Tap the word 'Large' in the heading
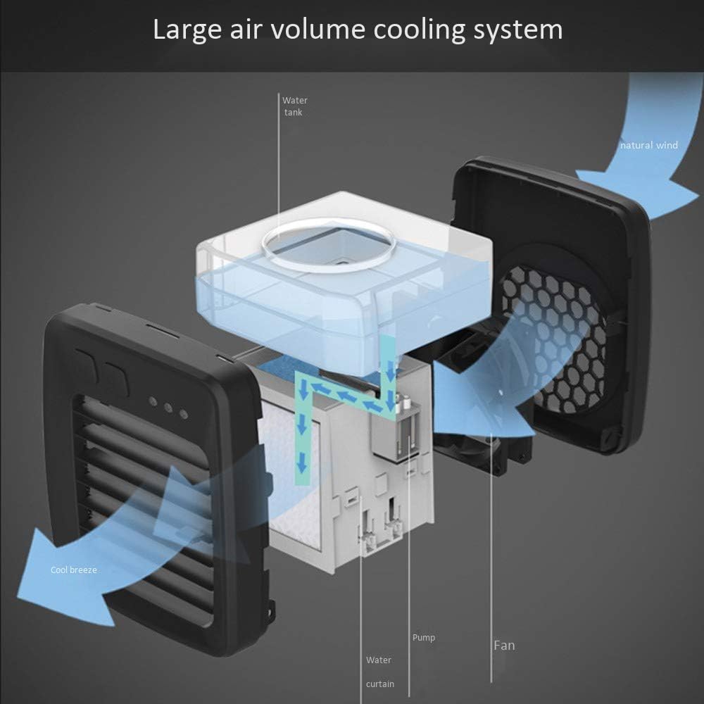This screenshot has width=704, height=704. [x=187, y=30]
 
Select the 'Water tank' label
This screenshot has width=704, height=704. [x=294, y=106]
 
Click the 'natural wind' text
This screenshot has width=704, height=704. [x=649, y=145]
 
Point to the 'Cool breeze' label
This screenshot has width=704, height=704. [x=74, y=570]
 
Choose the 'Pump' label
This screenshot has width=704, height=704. [x=424, y=638]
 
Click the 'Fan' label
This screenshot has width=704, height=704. [x=504, y=645]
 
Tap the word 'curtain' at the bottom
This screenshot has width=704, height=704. [x=380, y=684]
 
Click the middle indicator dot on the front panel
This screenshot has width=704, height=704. [x=168, y=408]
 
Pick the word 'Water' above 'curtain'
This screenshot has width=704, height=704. [x=379, y=660]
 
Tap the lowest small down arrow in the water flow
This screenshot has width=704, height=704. [x=302, y=463]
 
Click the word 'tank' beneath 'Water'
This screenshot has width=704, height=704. [x=293, y=113]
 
